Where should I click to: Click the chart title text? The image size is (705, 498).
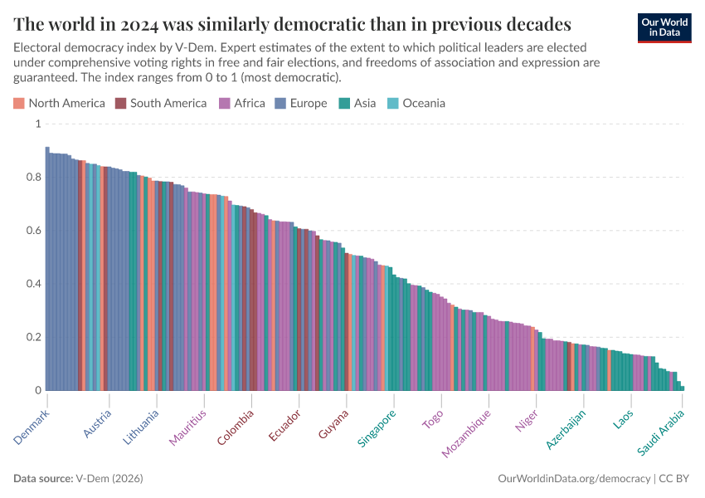(292, 23)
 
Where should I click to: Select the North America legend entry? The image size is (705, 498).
(59, 104)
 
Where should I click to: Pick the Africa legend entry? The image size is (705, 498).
(242, 104)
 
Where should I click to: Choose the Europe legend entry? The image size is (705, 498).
(302, 104)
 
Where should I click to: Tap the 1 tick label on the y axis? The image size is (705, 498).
(37, 124)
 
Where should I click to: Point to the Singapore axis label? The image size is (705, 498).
(377, 428)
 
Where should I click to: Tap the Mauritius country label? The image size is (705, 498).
(189, 427)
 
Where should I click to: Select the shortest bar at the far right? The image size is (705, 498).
(682, 388)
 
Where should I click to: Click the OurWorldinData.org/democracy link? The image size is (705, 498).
(574, 479)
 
